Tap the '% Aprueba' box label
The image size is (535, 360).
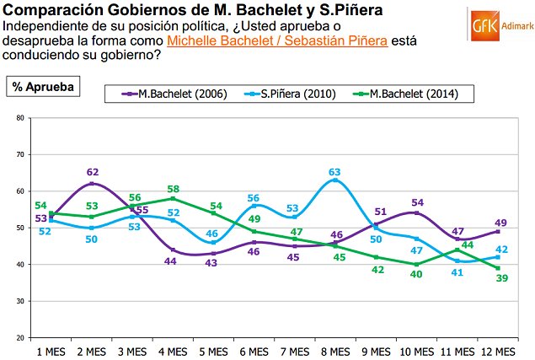point(42,86)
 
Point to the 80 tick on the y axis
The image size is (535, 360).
point(19,118)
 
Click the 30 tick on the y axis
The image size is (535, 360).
point(19,301)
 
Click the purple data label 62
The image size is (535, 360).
point(93,172)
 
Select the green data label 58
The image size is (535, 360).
point(174,189)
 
